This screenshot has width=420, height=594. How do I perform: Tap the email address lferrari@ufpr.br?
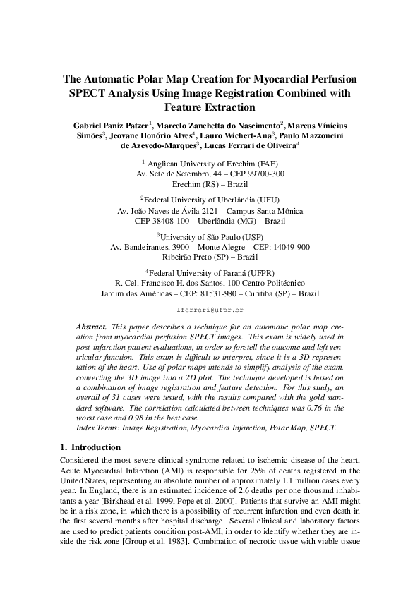click(210, 310)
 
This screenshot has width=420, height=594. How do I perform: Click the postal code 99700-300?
click(264, 173)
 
